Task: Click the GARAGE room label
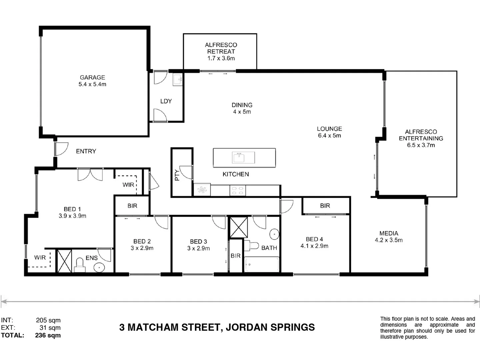pyautogui.click(x=92, y=77)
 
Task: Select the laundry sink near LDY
pyautogui.click(x=178, y=80)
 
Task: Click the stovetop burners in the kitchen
pyautogui.click(x=237, y=191)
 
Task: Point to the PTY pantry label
pyautogui.click(x=177, y=175)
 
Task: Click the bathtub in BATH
pyautogui.click(x=262, y=264)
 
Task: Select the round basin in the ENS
pyautogui.click(x=99, y=267)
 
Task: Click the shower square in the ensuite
pyautogui.click(x=64, y=261)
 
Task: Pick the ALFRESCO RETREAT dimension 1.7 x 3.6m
pyautogui.click(x=221, y=58)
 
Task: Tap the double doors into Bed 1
pyautogui.click(x=90, y=174)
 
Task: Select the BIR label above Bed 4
pyautogui.click(x=325, y=206)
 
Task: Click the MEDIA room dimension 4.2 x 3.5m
pyautogui.click(x=389, y=240)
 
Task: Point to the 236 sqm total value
pyautogui.click(x=48, y=335)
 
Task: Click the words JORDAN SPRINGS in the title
pyautogui.click(x=270, y=327)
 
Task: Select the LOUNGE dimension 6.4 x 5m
pyautogui.click(x=329, y=136)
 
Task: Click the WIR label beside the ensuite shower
pyautogui.click(x=40, y=257)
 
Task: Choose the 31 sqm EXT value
pyautogui.click(x=50, y=328)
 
